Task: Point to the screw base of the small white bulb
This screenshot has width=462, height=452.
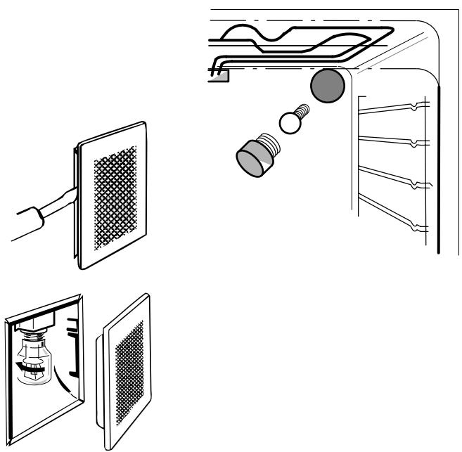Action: coord(303,110)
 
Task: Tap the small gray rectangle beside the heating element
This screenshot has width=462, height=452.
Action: coord(219,75)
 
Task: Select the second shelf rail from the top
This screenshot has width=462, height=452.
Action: coord(394,139)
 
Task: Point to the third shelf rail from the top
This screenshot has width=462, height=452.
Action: coord(394,176)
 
